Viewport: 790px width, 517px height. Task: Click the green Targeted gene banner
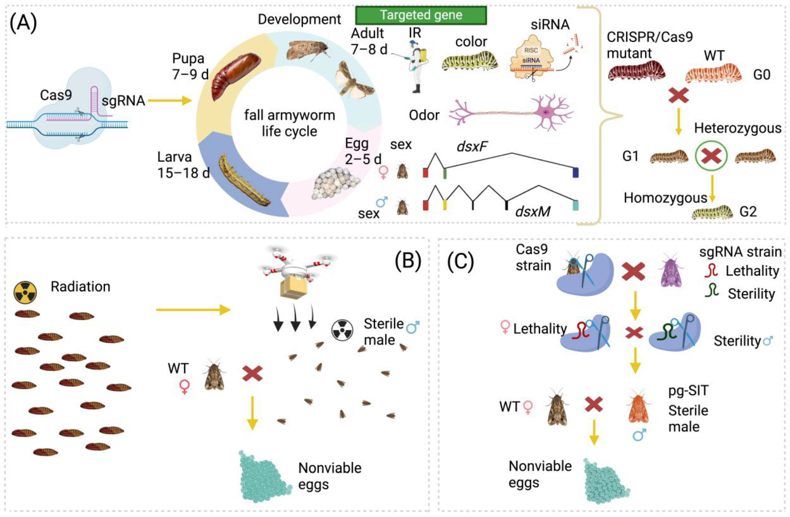pos(421,15)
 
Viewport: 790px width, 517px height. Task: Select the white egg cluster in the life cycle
pos(335,184)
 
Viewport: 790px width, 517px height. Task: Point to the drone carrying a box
pos(293,271)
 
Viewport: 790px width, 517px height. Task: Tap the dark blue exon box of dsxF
pos(576,173)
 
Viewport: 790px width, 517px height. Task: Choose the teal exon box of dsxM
pos(576,205)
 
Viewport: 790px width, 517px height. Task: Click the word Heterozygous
pos(738,128)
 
